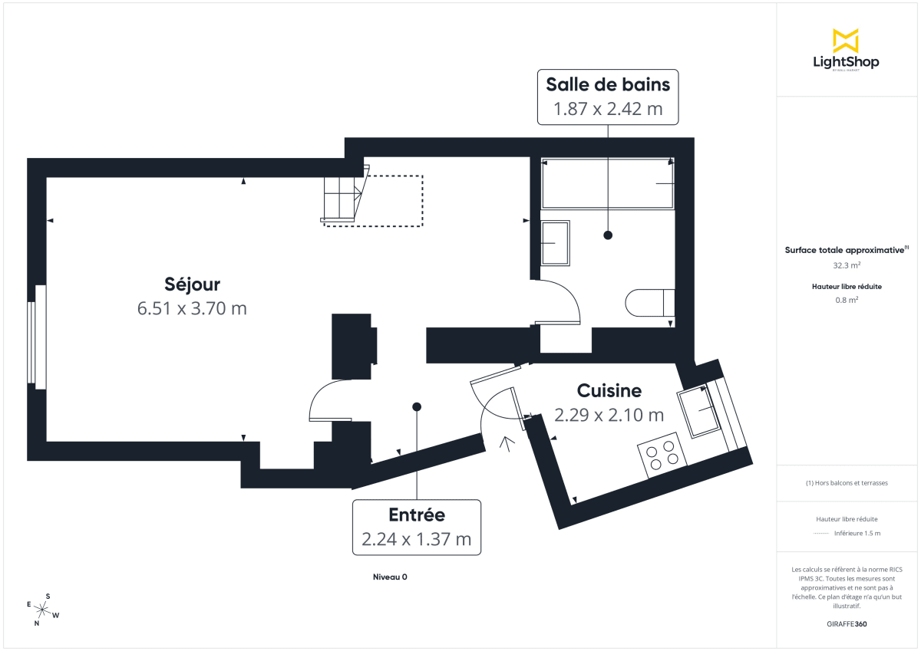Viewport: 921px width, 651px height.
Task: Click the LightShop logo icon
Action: point(846,41)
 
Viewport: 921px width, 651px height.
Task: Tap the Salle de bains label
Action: point(608,83)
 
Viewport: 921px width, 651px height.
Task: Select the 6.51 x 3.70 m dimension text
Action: point(192,308)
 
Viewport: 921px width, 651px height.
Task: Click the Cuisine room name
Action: point(609,391)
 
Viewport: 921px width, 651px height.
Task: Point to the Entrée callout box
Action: point(417,527)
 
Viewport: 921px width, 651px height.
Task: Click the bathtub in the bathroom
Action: point(608,184)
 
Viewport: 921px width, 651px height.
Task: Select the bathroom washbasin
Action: point(555,243)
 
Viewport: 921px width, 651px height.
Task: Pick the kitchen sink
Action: point(698,412)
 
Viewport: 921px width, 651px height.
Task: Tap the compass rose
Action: point(44,610)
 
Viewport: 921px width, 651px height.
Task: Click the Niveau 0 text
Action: point(389,577)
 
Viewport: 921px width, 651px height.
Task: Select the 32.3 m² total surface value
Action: point(847,265)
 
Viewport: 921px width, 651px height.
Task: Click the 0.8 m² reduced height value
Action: point(847,300)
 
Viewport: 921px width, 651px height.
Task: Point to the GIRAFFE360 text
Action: point(847,624)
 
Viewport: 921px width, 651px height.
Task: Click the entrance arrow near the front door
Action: point(506,445)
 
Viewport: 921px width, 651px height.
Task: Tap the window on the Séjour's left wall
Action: point(32,334)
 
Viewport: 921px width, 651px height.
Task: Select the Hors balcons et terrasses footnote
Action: point(847,483)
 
